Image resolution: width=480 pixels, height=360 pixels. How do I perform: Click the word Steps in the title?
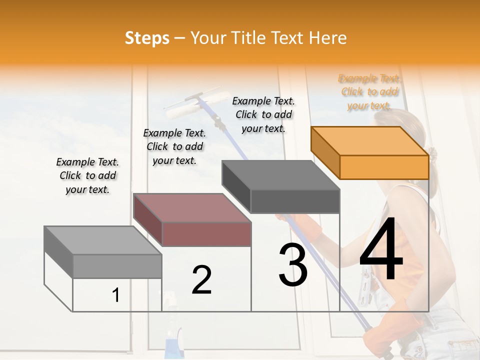pyautogui.click(x=147, y=38)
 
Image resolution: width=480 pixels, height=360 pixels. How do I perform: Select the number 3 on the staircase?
pyautogui.click(x=293, y=265)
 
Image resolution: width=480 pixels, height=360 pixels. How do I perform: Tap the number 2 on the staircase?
pyautogui.click(x=201, y=280)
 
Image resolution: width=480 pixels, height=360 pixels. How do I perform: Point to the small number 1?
pyautogui.click(x=116, y=295)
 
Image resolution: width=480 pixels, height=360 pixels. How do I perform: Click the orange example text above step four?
pyautogui.click(x=369, y=92)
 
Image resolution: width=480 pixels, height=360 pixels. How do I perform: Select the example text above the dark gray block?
pyautogui.click(x=263, y=114)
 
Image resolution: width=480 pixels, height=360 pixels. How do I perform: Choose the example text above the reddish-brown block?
pyautogui.click(x=174, y=146)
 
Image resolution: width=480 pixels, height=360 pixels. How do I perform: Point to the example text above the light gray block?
pyautogui.click(x=87, y=175)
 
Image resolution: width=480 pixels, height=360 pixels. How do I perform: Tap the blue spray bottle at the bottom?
pyautogui.click(x=172, y=345)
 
